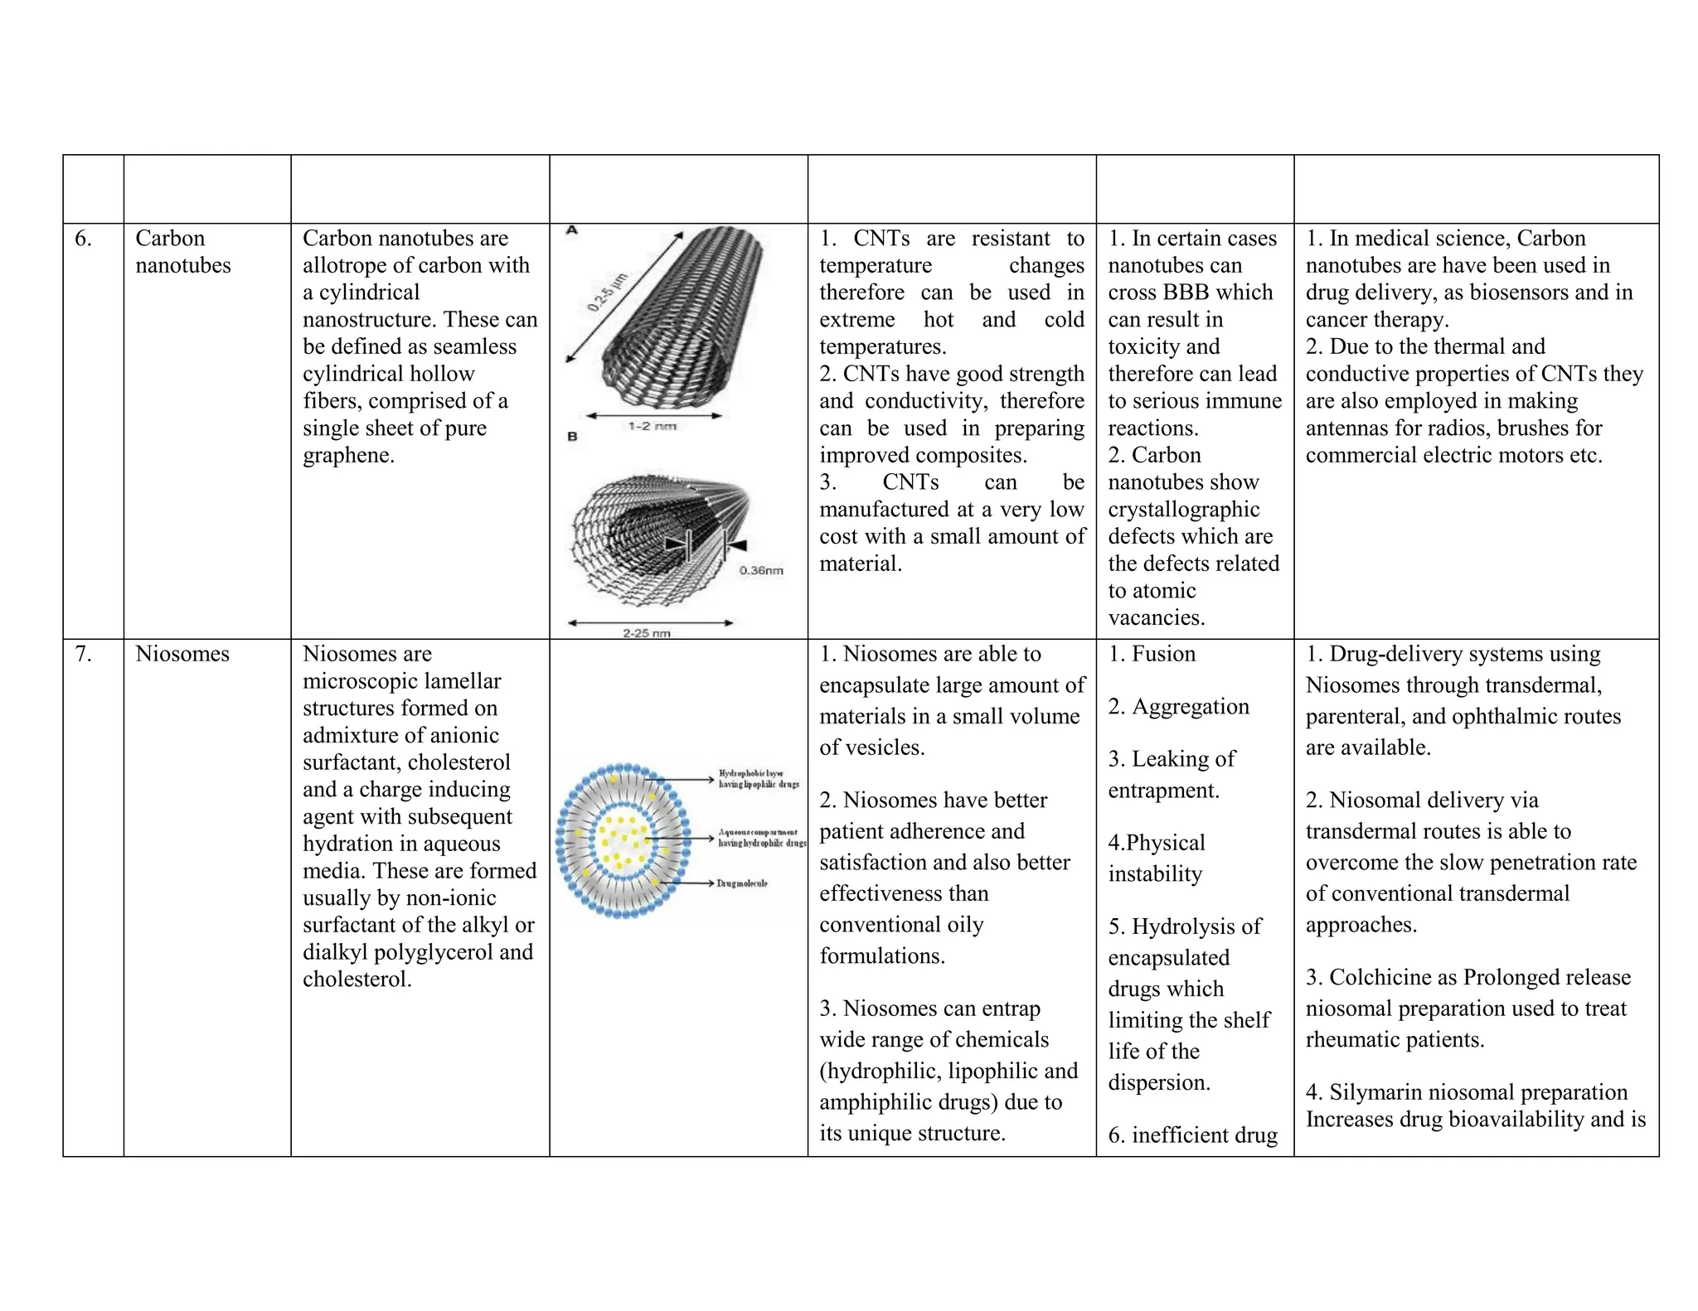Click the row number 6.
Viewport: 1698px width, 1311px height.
83,239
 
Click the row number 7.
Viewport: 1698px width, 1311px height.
83,654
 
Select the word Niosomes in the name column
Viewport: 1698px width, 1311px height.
182,654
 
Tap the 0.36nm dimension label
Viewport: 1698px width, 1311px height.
760,570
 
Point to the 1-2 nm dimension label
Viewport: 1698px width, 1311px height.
652,426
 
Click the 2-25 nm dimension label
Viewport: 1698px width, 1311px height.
647,633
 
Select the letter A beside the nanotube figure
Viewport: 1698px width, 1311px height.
571,230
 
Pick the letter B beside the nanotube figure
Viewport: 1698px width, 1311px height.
572,436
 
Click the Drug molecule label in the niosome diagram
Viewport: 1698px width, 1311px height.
742,883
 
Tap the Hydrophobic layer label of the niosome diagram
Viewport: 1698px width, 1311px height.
758,778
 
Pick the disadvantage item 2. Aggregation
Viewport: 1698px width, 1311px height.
1178,707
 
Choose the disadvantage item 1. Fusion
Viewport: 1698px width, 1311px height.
1152,654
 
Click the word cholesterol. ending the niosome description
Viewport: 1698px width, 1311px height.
357,980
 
